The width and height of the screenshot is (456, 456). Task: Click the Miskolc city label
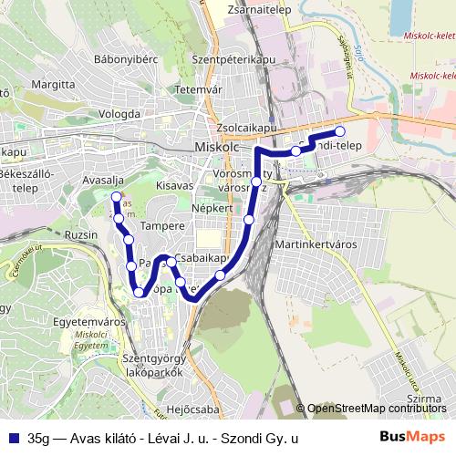[x=216, y=147]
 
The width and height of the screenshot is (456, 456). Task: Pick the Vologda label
[x=119, y=114]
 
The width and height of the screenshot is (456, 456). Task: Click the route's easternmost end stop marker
[x=340, y=130]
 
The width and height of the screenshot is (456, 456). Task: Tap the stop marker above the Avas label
[x=116, y=196]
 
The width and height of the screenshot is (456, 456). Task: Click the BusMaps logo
[x=412, y=438]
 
